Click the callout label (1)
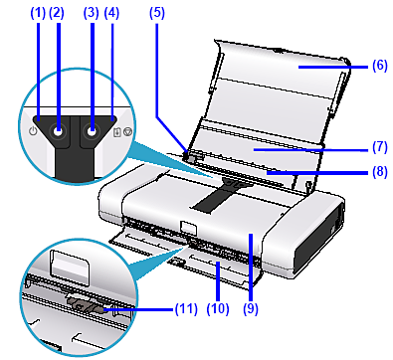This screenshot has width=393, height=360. click(38, 13)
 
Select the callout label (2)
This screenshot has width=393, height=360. click(57, 13)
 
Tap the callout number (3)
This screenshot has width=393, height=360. click(92, 13)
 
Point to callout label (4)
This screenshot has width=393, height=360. click(111, 13)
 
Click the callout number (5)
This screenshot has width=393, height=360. click(157, 13)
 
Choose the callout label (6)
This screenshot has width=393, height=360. click(379, 66)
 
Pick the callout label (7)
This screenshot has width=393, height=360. click(379, 147)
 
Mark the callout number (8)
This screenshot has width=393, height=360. click(379, 172)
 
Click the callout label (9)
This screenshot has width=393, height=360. click(251, 308)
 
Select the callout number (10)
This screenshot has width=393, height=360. click(218, 308)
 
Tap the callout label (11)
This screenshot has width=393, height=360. click(186, 308)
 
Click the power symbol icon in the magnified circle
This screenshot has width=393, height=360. click(33, 132)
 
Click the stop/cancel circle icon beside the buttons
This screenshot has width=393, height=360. click(127, 132)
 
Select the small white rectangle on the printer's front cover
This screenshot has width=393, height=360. click(188, 228)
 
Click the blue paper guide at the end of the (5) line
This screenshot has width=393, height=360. click(189, 156)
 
